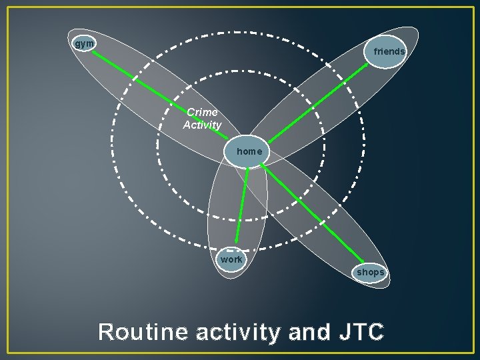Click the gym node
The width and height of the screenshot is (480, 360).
click(84, 43)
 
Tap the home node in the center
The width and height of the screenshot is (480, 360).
click(249, 152)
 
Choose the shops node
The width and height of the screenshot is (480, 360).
click(370, 272)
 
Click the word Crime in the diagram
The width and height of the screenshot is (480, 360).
click(202, 113)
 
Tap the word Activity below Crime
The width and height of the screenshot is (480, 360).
click(202, 125)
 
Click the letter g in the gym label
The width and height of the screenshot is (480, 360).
click(78, 44)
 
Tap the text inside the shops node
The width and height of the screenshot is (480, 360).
click(370, 272)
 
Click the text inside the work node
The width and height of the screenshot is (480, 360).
click(231, 259)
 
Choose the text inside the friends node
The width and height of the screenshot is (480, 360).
click(389, 51)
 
